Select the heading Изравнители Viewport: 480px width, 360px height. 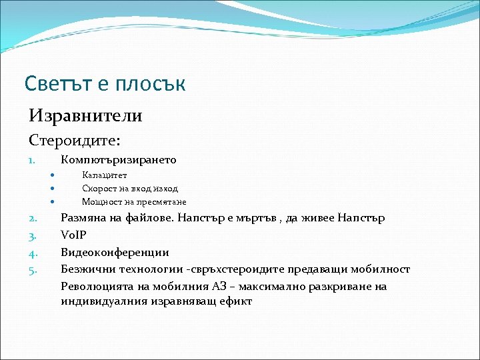(85, 116)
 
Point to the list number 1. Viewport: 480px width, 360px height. (31, 161)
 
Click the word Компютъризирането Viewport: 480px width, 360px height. (119, 160)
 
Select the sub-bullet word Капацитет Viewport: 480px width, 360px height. (104, 175)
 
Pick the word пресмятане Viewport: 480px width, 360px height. (164, 202)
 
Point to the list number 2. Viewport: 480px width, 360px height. (31, 218)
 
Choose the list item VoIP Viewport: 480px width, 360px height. (73, 235)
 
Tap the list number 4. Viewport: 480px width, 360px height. (31, 253)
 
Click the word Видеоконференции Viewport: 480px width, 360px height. (115, 253)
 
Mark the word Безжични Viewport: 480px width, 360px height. (86, 269)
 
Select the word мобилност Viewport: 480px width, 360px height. (383, 269)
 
